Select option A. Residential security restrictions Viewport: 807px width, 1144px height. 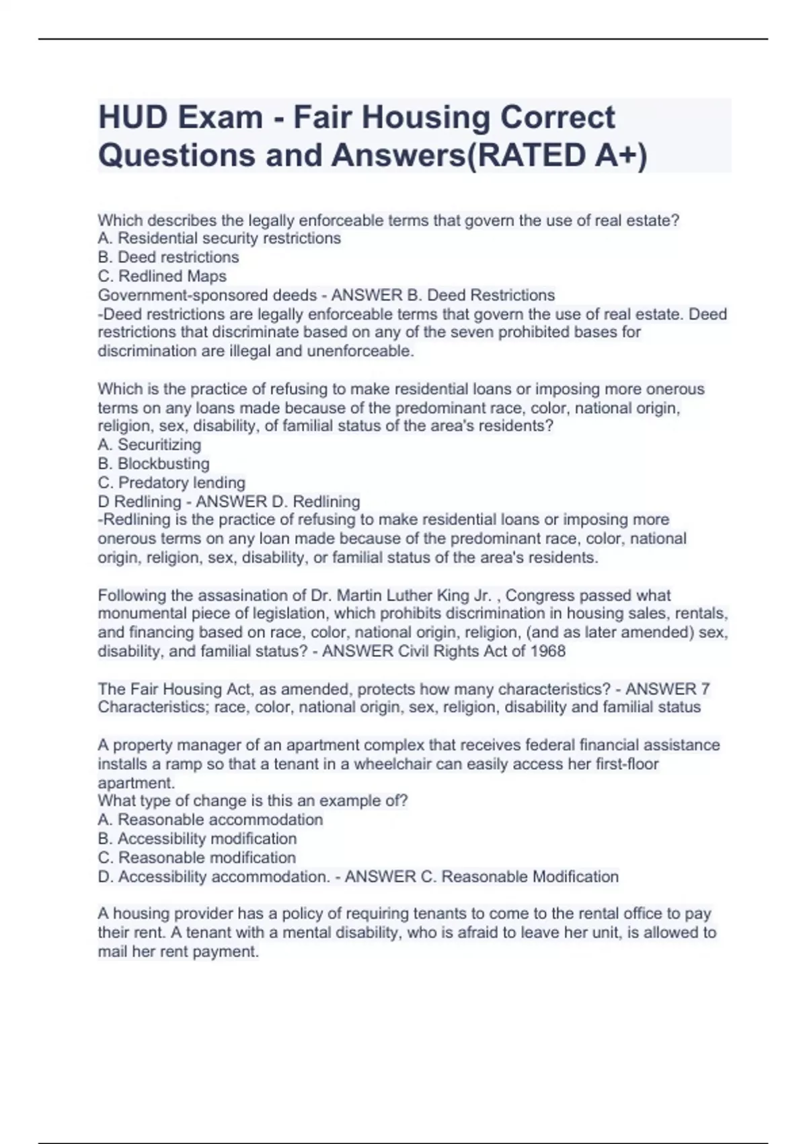click(x=219, y=238)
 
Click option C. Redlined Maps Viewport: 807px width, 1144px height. click(x=162, y=276)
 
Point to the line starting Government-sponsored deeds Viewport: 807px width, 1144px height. click(x=207, y=295)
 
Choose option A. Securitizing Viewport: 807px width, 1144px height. click(x=149, y=445)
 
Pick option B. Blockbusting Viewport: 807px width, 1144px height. click(x=153, y=464)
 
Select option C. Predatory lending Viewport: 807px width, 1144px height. click(x=171, y=482)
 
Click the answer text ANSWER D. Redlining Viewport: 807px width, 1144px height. click(x=278, y=501)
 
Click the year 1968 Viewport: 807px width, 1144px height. click(x=547, y=651)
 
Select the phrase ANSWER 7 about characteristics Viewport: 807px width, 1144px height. click(x=667, y=689)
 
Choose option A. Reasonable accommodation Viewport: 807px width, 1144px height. click(x=210, y=820)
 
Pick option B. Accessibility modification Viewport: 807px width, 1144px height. click(x=197, y=838)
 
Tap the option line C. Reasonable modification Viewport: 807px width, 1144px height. click(x=196, y=857)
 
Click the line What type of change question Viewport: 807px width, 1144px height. click(x=252, y=801)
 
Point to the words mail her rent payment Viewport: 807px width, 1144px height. click(x=178, y=952)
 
